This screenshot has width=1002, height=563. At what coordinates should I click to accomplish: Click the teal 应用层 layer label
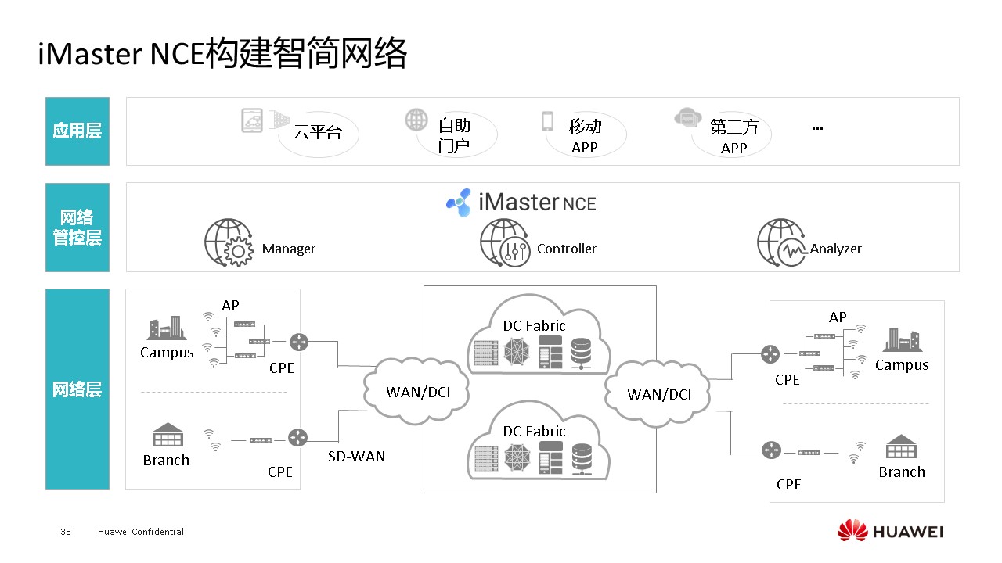(x=77, y=131)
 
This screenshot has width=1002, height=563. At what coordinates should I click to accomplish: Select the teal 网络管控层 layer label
(x=77, y=228)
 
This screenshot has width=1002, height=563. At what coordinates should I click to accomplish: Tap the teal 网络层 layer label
(x=77, y=389)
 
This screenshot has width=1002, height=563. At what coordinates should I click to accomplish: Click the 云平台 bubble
(x=318, y=133)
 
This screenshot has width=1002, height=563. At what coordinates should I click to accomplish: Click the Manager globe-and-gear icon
(x=228, y=242)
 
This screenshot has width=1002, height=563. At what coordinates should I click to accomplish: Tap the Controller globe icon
(x=504, y=242)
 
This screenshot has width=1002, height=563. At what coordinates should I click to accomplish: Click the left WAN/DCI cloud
(x=418, y=389)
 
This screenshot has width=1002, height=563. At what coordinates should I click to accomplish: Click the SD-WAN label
(x=356, y=456)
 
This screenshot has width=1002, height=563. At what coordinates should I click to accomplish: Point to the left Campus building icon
(x=166, y=328)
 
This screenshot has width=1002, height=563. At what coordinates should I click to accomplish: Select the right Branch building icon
(x=901, y=447)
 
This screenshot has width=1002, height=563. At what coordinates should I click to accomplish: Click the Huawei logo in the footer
(x=890, y=532)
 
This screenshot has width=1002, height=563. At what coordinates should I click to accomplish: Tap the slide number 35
(x=66, y=532)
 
